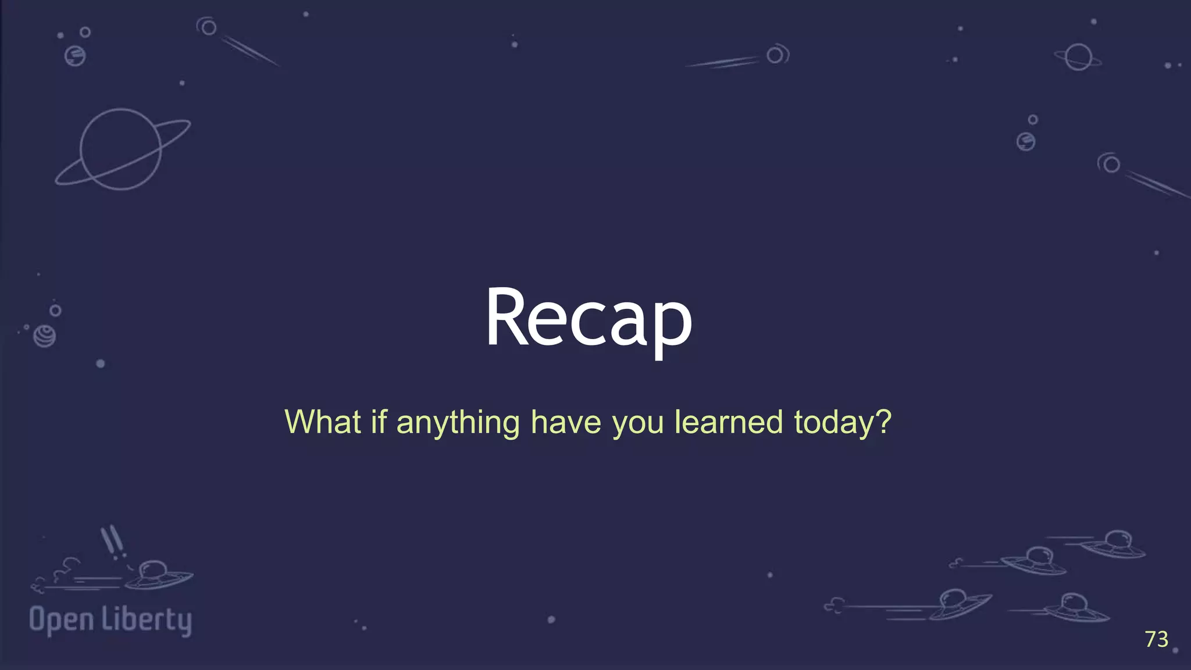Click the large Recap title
pyautogui.click(x=589, y=319)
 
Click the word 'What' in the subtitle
pyautogui.click(x=323, y=422)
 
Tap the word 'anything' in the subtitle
pyautogui.click(x=458, y=423)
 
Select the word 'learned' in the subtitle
pyautogui.click(x=729, y=422)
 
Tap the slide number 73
pyautogui.click(x=1156, y=639)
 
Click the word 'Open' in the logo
pyautogui.click(x=61, y=620)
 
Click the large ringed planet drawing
pyautogui.click(x=121, y=149)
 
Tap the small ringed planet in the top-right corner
pyautogui.click(x=1078, y=57)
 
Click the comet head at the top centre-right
pyautogui.click(x=776, y=55)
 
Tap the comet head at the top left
pyautogui.click(x=208, y=27)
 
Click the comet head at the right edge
pyautogui.click(x=1110, y=164)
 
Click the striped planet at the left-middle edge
pyautogui.click(x=45, y=336)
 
